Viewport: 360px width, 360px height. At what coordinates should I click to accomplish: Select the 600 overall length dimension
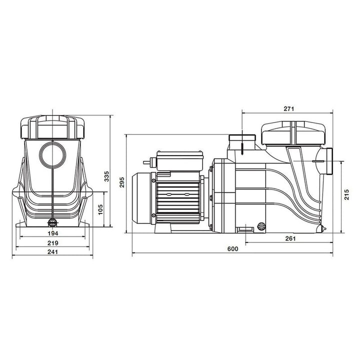[232, 248]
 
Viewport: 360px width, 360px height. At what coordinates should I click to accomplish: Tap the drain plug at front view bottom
[52, 223]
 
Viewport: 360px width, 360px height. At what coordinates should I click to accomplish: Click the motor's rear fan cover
[141, 197]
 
